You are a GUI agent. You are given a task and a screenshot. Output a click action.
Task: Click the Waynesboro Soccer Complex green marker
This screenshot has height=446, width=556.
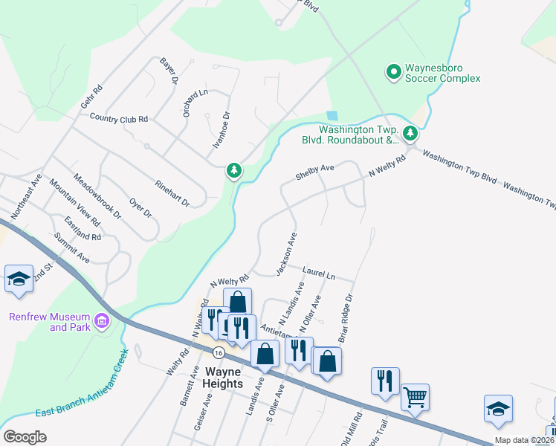(x=393, y=72)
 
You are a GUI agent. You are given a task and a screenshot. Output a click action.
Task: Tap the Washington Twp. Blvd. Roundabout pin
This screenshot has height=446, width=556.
(x=410, y=134)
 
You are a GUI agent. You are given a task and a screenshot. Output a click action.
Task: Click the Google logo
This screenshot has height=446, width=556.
(x=25, y=437)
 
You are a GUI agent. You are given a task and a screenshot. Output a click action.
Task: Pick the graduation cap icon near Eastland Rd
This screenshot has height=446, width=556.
(x=19, y=279)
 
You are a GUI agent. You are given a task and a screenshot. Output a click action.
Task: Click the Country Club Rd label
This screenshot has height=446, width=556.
(x=119, y=118)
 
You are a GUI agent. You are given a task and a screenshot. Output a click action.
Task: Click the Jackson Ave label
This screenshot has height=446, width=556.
(x=286, y=253)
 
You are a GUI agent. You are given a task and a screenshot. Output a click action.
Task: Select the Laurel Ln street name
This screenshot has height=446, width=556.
(x=319, y=274)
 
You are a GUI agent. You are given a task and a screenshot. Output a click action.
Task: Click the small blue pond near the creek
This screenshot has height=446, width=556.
(x=332, y=116)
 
